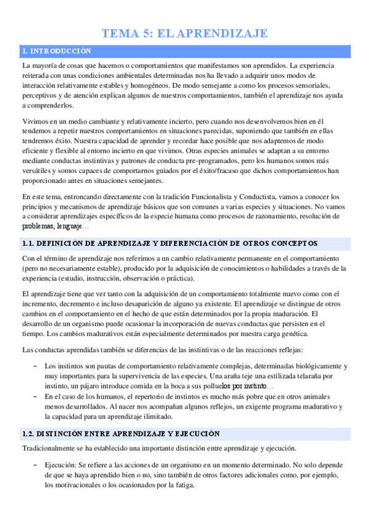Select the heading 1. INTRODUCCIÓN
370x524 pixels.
[56, 51]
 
